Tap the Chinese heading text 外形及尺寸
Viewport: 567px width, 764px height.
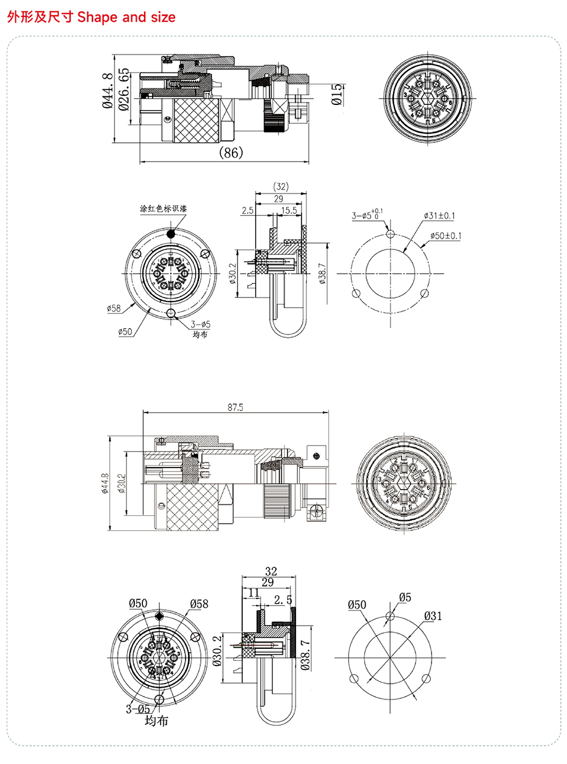click(x=40, y=17)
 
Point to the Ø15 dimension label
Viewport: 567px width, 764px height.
click(x=337, y=95)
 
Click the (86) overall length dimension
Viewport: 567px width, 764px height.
click(x=231, y=152)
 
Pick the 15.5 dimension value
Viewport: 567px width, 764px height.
click(x=289, y=210)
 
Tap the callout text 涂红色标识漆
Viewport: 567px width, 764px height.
click(x=163, y=209)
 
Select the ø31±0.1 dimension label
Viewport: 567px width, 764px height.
click(x=439, y=216)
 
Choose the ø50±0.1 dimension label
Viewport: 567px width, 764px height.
click(x=446, y=236)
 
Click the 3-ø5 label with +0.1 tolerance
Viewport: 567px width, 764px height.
click(x=367, y=215)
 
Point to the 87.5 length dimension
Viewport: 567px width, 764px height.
click(x=235, y=408)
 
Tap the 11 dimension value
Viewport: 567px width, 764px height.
click(x=253, y=592)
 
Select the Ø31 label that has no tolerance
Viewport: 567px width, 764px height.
click(x=433, y=616)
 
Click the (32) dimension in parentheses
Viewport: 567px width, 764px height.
click(x=281, y=186)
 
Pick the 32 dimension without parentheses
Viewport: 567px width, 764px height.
click(x=271, y=572)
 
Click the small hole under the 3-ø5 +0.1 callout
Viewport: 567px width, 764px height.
click(x=390, y=234)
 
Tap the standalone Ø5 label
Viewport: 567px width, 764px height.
click(x=405, y=597)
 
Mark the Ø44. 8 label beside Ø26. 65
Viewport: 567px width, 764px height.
click(x=107, y=91)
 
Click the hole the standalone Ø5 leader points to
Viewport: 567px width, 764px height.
click(x=390, y=616)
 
